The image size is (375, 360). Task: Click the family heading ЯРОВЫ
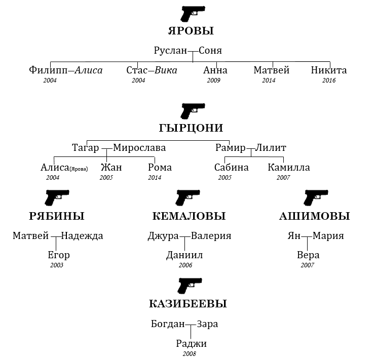click(x=191, y=31)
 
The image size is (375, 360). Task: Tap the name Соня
click(x=210, y=51)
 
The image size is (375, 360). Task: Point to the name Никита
click(x=329, y=70)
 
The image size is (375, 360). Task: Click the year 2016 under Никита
click(x=329, y=81)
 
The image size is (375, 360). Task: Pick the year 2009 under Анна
click(x=213, y=81)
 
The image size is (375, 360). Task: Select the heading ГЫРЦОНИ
click(x=191, y=128)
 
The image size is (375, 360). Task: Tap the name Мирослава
click(x=139, y=148)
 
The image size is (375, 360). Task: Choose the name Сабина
click(x=231, y=168)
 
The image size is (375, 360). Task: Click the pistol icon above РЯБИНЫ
click(x=56, y=197)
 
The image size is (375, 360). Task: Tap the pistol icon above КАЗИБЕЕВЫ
click(x=190, y=286)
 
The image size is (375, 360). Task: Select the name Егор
click(x=58, y=255)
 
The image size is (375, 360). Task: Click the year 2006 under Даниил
click(x=185, y=265)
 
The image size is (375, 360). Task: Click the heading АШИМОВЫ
click(x=314, y=216)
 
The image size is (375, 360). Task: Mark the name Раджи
click(x=191, y=344)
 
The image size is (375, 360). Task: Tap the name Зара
click(x=207, y=324)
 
